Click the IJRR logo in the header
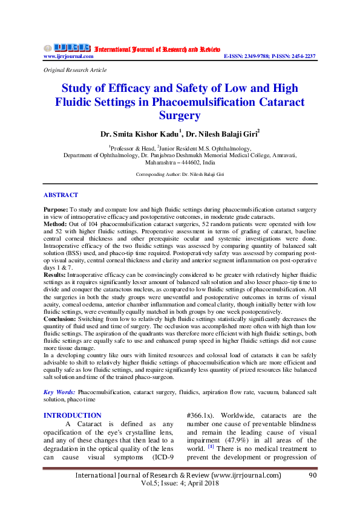pos(66,48)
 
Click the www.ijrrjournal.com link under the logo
pos(68,56)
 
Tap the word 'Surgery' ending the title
pos(180,115)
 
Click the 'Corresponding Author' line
pos(180,174)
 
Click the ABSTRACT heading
pos(61,195)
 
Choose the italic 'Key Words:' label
pos(59,392)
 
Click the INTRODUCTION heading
pos(72,415)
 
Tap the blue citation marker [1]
pos(211,447)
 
